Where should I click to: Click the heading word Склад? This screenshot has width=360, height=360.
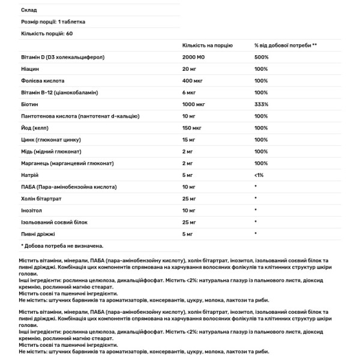click(28, 10)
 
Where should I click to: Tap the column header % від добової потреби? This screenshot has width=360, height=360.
click(285, 45)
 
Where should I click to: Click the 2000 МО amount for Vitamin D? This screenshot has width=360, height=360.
click(195, 57)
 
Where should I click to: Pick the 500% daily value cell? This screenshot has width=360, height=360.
click(261, 57)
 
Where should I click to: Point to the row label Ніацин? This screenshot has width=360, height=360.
click(31, 69)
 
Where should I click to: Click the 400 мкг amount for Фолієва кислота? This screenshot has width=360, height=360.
click(193, 80)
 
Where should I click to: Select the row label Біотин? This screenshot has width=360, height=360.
click(30, 104)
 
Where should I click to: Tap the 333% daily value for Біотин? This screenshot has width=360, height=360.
click(261, 104)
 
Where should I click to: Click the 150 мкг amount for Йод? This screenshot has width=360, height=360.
click(193, 127)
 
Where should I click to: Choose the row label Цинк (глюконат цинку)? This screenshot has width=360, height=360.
click(50, 139)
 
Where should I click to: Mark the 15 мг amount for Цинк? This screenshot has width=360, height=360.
click(191, 139)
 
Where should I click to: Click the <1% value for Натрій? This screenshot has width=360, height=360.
click(259, 174)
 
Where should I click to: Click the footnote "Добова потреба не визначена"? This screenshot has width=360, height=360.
click(62, 245)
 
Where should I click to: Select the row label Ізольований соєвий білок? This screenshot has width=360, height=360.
click(55, 221)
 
